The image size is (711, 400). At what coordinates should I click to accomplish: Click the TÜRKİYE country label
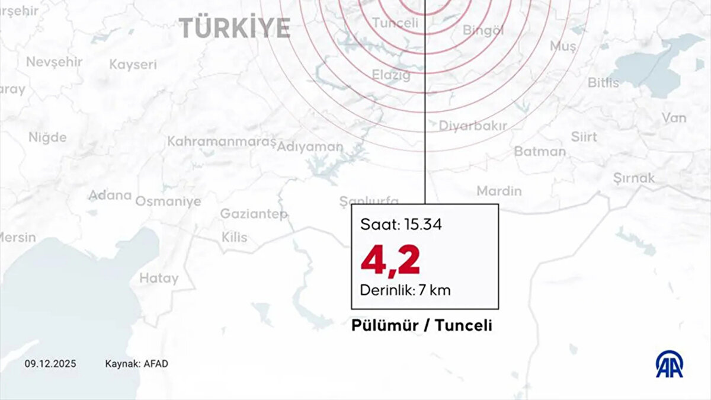(x=235, y=28)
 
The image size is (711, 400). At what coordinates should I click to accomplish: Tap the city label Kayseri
(x=133, y=65)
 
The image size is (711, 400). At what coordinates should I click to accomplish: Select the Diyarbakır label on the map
(x=473, y=126)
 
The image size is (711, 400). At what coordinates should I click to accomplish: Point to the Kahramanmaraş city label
(x=222, y=142)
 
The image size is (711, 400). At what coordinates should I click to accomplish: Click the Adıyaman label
(x=310, y=147)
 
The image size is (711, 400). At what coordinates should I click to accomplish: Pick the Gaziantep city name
(x=254, y=213)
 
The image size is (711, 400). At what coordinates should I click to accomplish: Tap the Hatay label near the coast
(x=159, y=277)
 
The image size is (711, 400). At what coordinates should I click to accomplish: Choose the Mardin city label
(x=499, y=191)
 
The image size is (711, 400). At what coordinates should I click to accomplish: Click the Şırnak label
(x=634, y=178)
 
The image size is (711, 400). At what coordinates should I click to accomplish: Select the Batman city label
(x=540, y=151)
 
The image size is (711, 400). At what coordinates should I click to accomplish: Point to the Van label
(x=674, y=118)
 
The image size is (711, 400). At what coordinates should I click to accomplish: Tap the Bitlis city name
(x=603, y=82)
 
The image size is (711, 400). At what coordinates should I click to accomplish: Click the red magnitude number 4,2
(x=390, y=261)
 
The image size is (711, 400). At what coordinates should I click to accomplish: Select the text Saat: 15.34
(x=401, y=225)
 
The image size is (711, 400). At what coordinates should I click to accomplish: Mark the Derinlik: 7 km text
(x=406, y=291)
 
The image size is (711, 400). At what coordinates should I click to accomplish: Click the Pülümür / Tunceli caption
(x=422, y=326)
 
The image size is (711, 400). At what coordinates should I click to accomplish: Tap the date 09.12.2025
(x=50, y=364)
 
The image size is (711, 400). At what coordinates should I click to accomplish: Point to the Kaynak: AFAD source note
(x=136, y=364)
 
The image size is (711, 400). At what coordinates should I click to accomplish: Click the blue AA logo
(x=669, y=364)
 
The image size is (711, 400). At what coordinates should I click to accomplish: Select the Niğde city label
(x=47, y=137)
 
